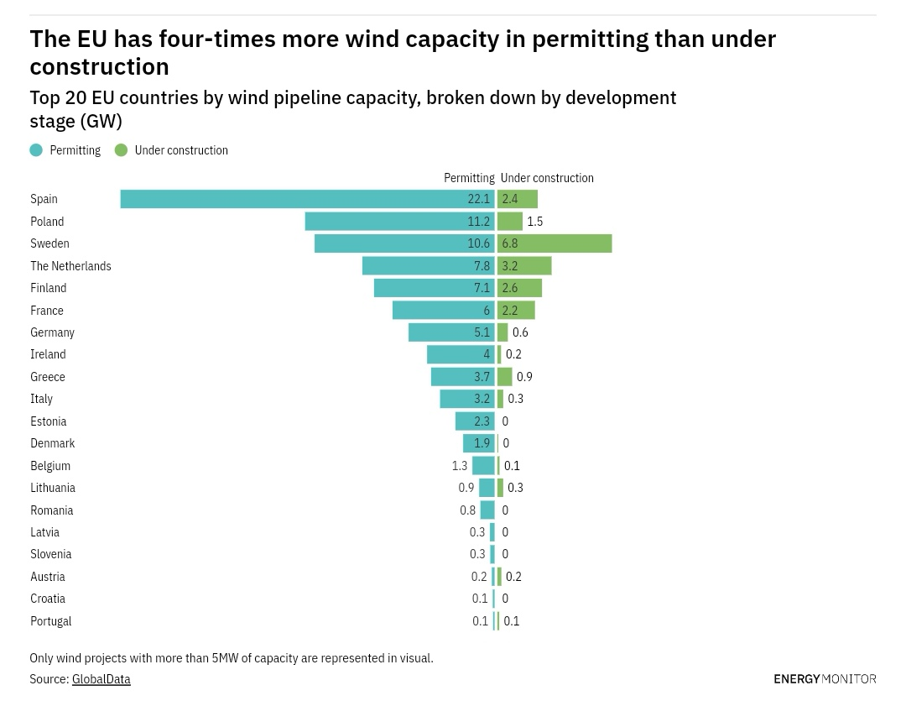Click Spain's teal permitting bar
coord(307,199)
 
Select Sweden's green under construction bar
coord(555,243)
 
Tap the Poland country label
coord(47,222)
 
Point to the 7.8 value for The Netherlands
coord(482,266)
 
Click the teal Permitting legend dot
coord(36,150)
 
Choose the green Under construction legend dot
coord(122,150)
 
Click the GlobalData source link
coord(101,679)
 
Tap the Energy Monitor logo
coord(825,678)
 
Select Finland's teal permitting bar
coord(434,288)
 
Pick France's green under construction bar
coord(516,311)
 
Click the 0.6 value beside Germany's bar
coord(520,332)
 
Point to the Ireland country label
coord(48,354)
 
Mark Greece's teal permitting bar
coord(462,377)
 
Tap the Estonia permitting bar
coord(475,421)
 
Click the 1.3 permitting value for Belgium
coord(460,466)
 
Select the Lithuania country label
coord(53,488)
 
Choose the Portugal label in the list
coord(50,621)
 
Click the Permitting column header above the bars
coord(469,178)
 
